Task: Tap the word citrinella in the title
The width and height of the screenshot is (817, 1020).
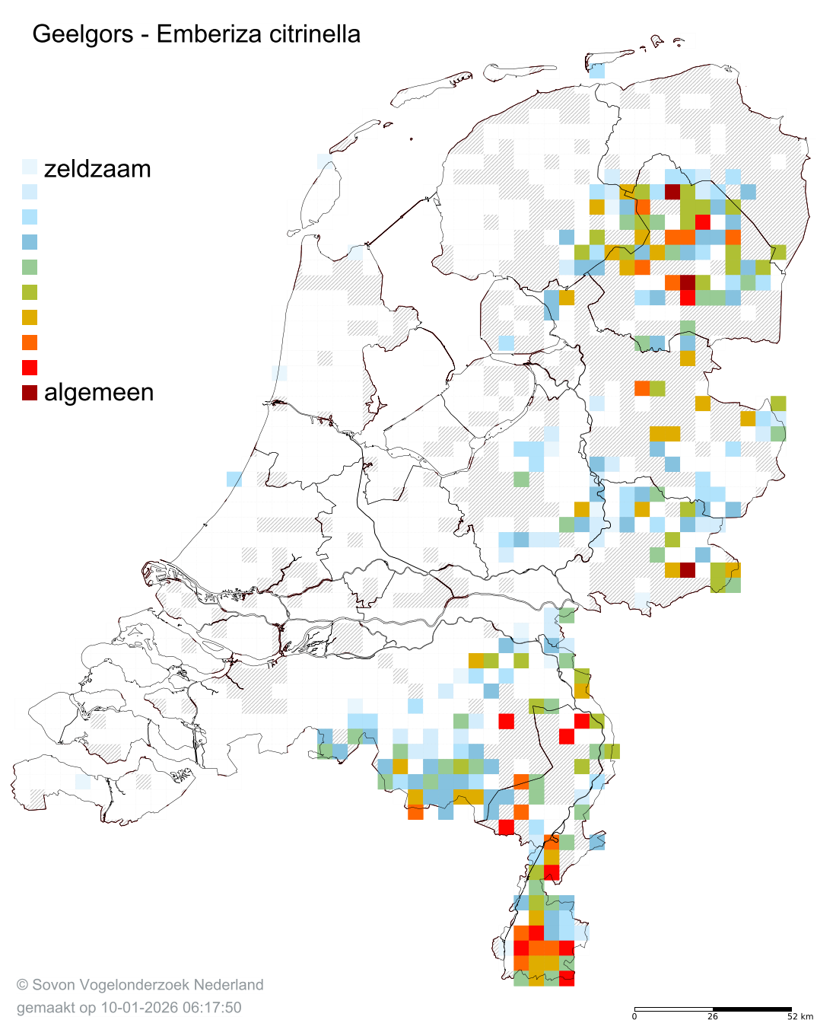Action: [x=309, y=34]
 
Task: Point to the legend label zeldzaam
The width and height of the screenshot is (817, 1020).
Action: [x=97, y=168]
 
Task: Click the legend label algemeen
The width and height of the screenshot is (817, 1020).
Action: [x=99, y=392]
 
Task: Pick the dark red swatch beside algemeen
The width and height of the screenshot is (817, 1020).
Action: [x=30, y=393]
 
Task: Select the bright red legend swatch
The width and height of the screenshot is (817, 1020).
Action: [x=30, y=368]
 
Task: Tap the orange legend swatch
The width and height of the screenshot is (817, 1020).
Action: [x=30, y=343]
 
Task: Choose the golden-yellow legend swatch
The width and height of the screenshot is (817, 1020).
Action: [x=30, y=317]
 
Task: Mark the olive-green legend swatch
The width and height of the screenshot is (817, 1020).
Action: [x=30, y=292]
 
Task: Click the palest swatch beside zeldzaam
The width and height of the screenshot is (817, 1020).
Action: [x=30, y=167]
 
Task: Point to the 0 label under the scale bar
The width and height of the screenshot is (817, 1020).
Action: [x=634, y=1016]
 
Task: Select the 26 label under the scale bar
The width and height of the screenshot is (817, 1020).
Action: [x=712, y=1016]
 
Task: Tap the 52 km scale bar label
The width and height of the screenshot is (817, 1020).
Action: [x=800, y=1016]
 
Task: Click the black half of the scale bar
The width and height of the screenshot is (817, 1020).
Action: [x=752, y=1009]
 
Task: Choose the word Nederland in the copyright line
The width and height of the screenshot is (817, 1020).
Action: [x=228, y=985]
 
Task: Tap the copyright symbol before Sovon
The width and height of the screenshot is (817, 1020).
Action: [x=22, y=985]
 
